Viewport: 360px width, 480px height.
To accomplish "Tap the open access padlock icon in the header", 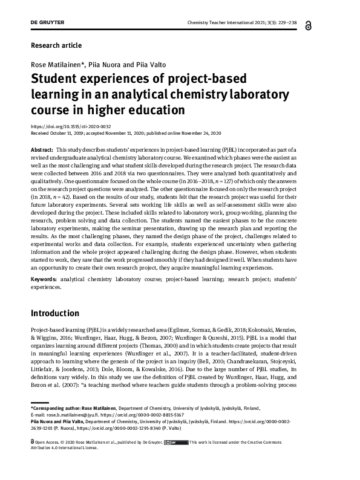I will (x=326, y=24).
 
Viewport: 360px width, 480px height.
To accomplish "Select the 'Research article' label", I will (x=55, y=45).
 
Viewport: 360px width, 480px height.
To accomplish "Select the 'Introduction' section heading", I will (x=55, y=313).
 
